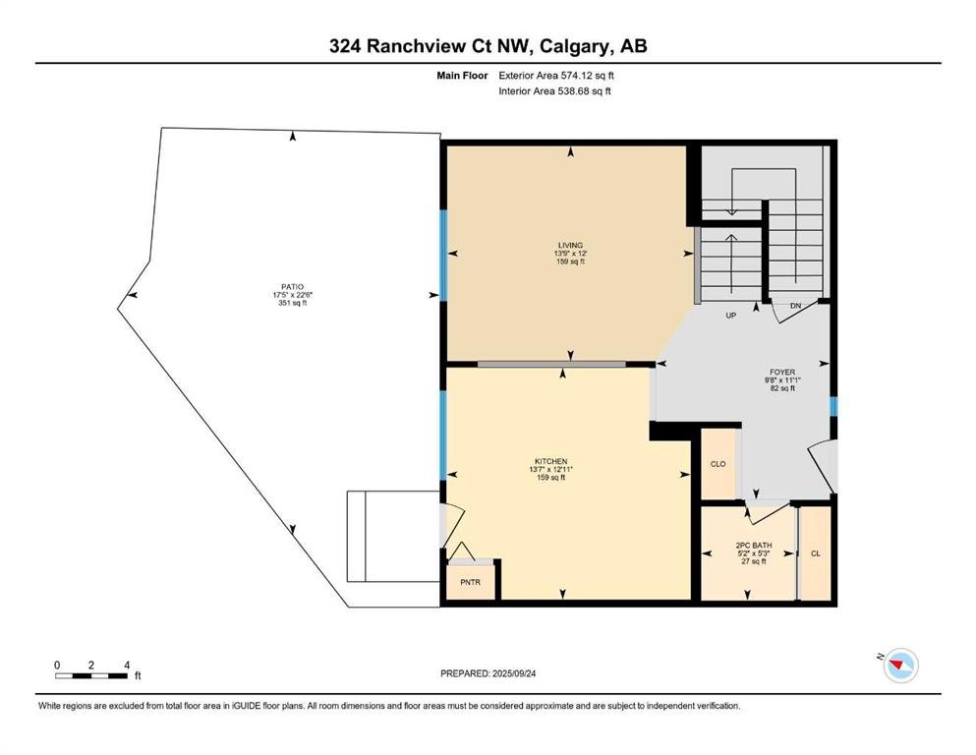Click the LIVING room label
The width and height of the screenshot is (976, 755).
(x=570, y=245)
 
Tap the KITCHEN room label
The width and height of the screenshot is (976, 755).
(x=550, y=461)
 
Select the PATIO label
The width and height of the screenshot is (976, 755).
(x=292, y=287)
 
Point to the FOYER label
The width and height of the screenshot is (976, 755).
(x=782, y=373)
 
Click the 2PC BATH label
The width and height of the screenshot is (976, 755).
(x=753, y=546)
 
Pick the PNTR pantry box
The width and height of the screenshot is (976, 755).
(x=471, y=582)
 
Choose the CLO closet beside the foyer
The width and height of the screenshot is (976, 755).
(x=718, y=464)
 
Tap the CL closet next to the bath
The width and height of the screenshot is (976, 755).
(x=816, y=553)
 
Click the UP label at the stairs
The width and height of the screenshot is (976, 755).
(x=730, y=316)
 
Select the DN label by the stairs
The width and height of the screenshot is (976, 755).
(x=795, y=306)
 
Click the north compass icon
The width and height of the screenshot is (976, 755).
(x=900, y=665)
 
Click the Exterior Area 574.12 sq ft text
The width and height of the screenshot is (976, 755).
(x=556, y=76)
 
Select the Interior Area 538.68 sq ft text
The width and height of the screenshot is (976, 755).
(x=554, y=90)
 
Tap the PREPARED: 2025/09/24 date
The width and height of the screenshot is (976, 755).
(x=488, y=673)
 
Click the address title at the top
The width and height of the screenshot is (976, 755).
(x=488, y=46)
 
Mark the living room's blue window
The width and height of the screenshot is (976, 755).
(x=444, y=256)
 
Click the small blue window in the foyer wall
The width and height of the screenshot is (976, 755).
(x=833, y=406)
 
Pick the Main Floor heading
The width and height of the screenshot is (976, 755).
(x=462, y=76)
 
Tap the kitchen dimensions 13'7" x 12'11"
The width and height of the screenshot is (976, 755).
(x=550, y=469)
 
